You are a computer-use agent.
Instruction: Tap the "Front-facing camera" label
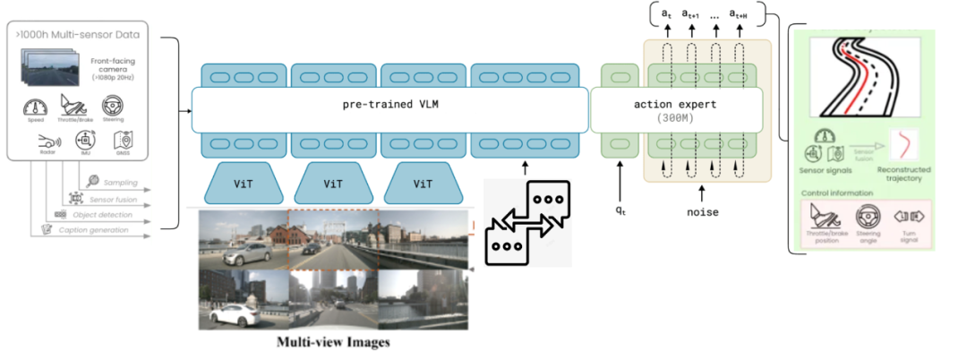(x=112, y=66)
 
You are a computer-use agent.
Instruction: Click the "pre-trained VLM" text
(x=390, y=104)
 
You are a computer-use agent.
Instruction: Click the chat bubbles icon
(x=526, y=221)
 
